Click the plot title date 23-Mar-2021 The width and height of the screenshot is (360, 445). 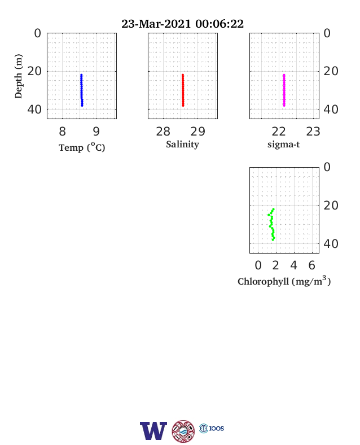[x=156, y=24]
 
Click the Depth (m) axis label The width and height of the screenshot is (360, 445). [x=19, y=76]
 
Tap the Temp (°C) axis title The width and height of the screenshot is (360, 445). [x=82, y=147]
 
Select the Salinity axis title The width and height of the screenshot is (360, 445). [x=183, y=144]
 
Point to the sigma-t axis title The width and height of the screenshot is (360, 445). [x=283, y=144]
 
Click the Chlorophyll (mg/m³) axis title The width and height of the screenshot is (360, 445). [x=284, y=281]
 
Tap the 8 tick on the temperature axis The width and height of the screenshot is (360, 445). [x=63, y=132]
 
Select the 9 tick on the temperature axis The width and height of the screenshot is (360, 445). [x=96, y=132]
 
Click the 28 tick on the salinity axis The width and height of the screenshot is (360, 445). [x=163, y=132]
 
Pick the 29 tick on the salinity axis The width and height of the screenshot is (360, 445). [x=197, y=132]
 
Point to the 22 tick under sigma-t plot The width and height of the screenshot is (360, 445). [x=279, y=132]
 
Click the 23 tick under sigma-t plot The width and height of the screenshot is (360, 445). [x=313, y=132]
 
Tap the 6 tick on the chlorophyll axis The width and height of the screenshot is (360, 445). [x=312, y=265]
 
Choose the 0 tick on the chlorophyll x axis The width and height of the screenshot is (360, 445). [x=258, y=265]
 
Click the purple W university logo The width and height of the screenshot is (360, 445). [x=153, y=431]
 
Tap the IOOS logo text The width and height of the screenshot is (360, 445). [x=217, y=428]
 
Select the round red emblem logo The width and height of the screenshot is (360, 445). [x=183, y=431]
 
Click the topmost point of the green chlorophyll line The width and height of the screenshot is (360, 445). [x=274, y=209]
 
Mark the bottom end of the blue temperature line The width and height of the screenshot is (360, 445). [x=82, y=106]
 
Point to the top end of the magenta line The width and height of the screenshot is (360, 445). [x=284, y=75]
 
